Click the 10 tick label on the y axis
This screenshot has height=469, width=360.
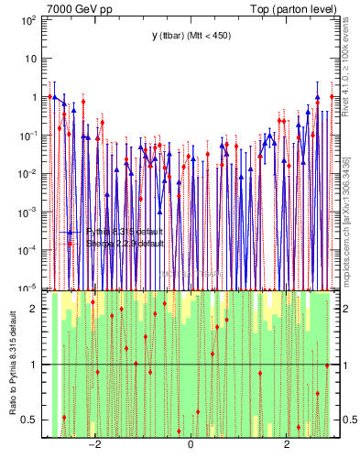click(x=31, y=58)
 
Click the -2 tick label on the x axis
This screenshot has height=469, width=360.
click(x=93, y=446)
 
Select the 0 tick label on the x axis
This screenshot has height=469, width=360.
click(x=190, y=446)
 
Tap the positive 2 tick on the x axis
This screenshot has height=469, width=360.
click(x=287, y=446)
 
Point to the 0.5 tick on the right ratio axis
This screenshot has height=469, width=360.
click(x=347, y=420)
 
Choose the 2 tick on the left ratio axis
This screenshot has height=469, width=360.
click(x=35, y=309)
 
